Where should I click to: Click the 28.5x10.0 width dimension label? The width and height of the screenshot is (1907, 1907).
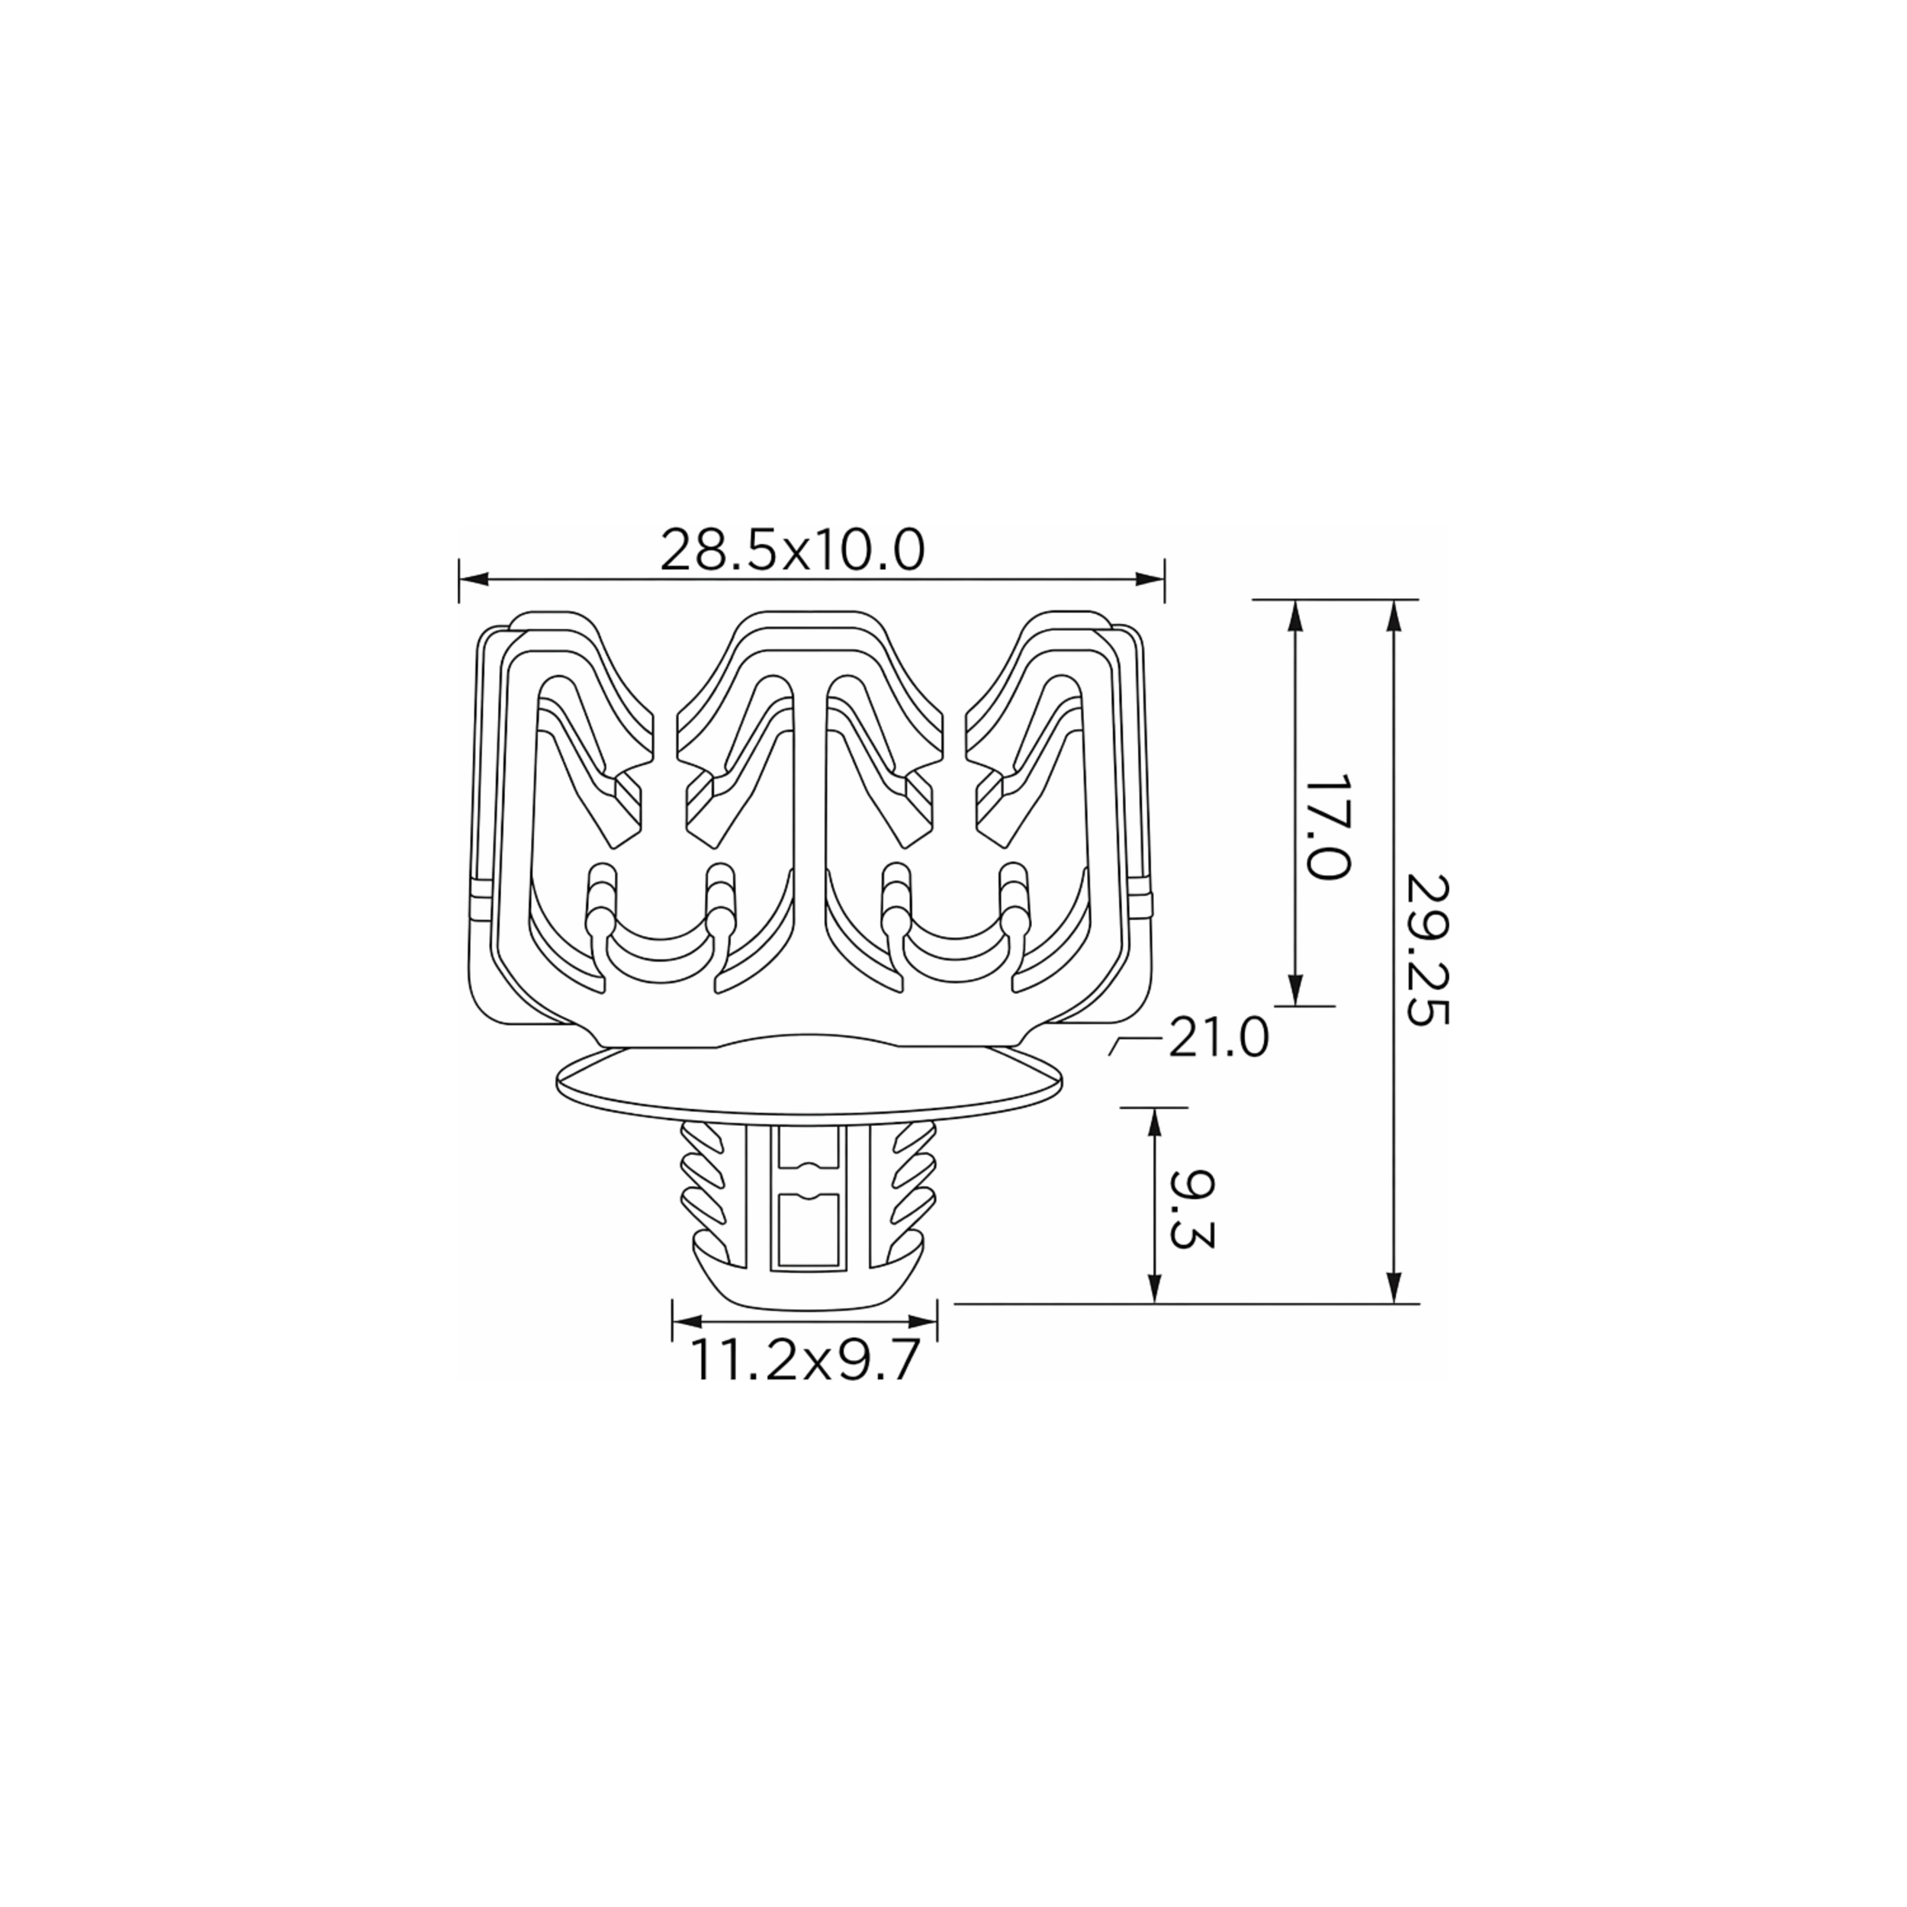tap(793, 551)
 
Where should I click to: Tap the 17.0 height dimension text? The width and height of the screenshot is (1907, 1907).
tap(1326, 827)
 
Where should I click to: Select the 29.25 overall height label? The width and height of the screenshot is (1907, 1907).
tap(1426, 950)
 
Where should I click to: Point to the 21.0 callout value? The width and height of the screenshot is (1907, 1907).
tap(1219, 1038)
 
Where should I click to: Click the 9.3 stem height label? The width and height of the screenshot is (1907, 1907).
tap(1191, 1210)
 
